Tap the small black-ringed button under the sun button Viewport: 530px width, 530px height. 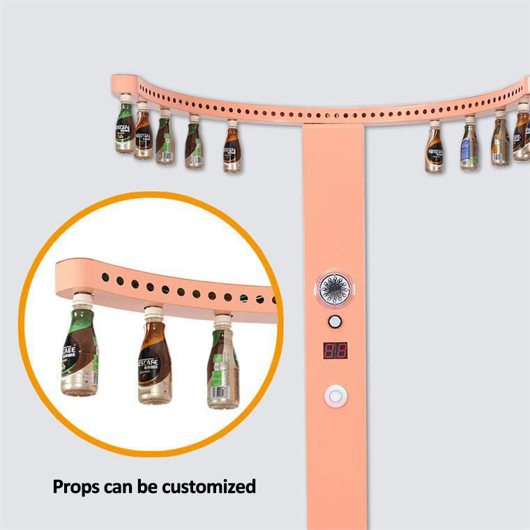335,321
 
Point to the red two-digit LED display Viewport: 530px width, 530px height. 335,349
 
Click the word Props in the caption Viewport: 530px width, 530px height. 78,486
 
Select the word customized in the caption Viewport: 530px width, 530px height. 209,486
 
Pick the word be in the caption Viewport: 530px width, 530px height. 154,486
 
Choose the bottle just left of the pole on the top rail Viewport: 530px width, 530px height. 232,148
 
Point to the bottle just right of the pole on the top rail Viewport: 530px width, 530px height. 434,148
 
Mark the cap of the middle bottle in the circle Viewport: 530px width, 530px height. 153,315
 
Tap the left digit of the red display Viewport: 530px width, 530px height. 330,349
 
